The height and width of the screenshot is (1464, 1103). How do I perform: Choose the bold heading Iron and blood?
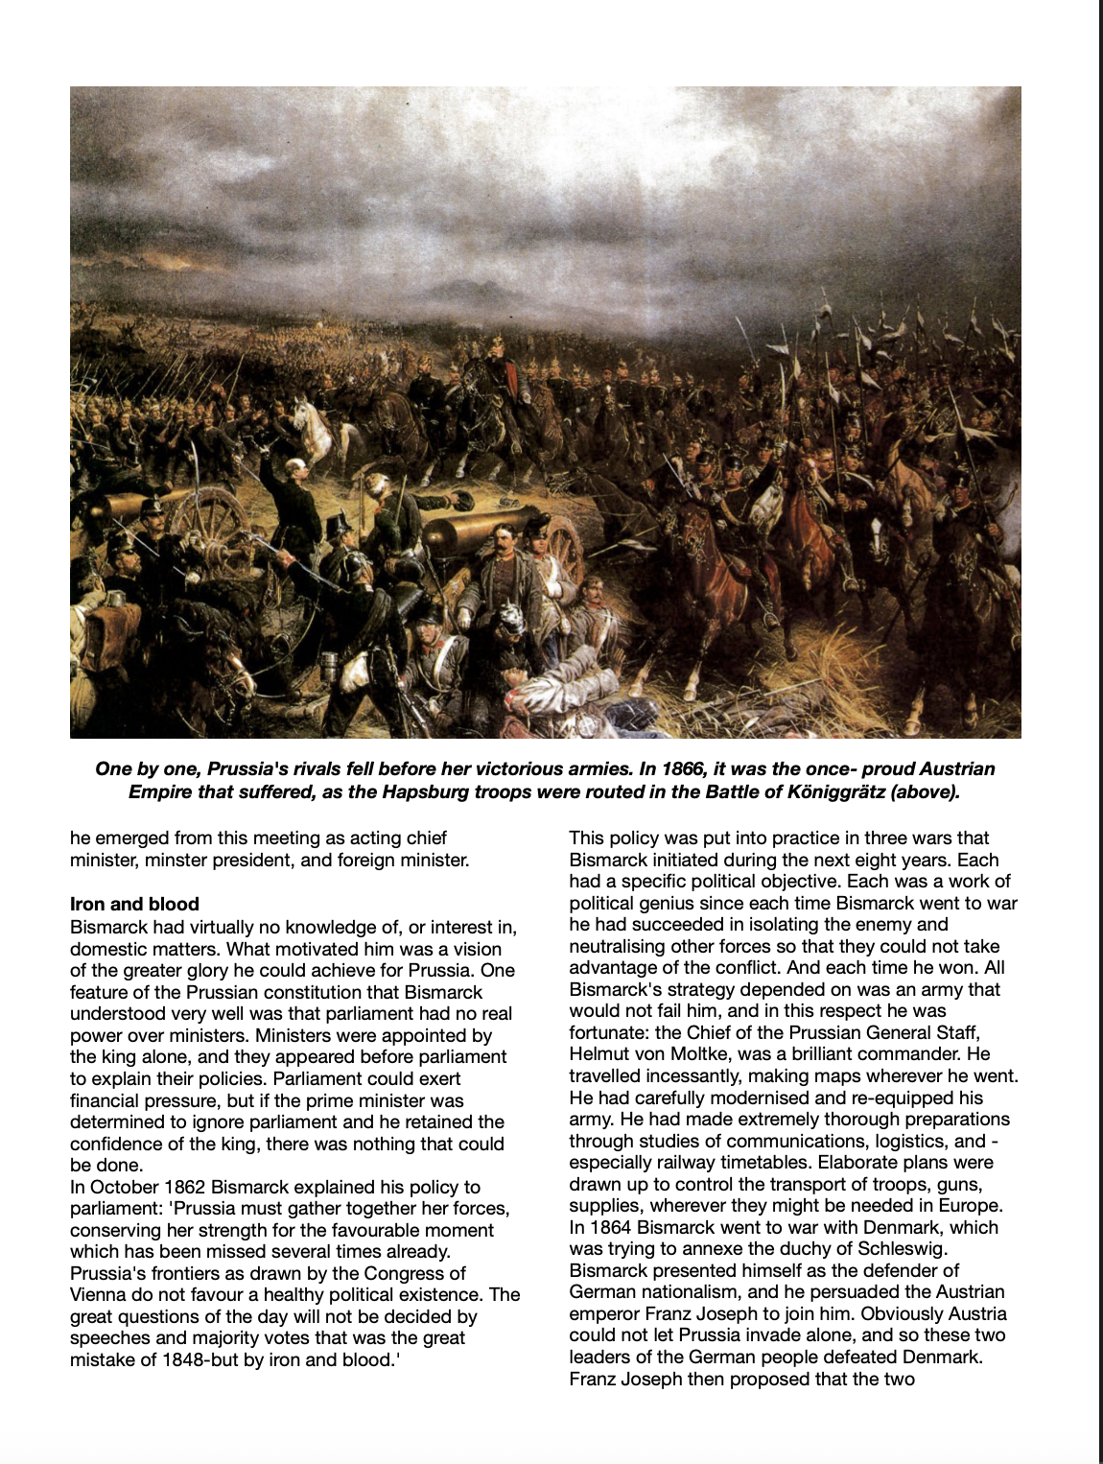134,904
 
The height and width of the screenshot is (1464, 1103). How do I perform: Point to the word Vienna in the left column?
98,1295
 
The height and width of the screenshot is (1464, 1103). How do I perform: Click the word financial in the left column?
107,1100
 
